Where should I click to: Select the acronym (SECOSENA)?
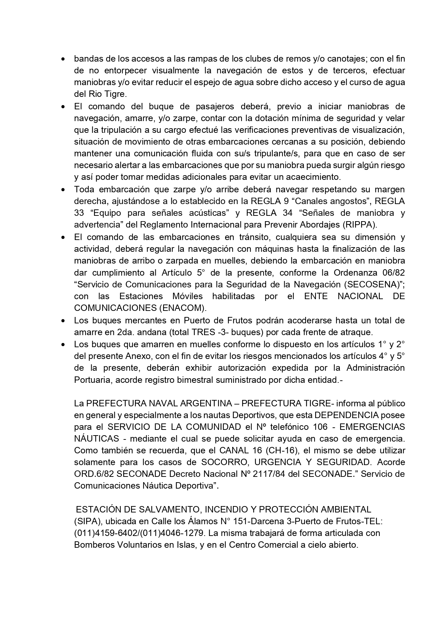379,284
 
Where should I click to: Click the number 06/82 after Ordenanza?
393,272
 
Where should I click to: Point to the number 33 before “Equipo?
79,213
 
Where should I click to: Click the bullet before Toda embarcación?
63,190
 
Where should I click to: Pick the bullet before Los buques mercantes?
63,321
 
